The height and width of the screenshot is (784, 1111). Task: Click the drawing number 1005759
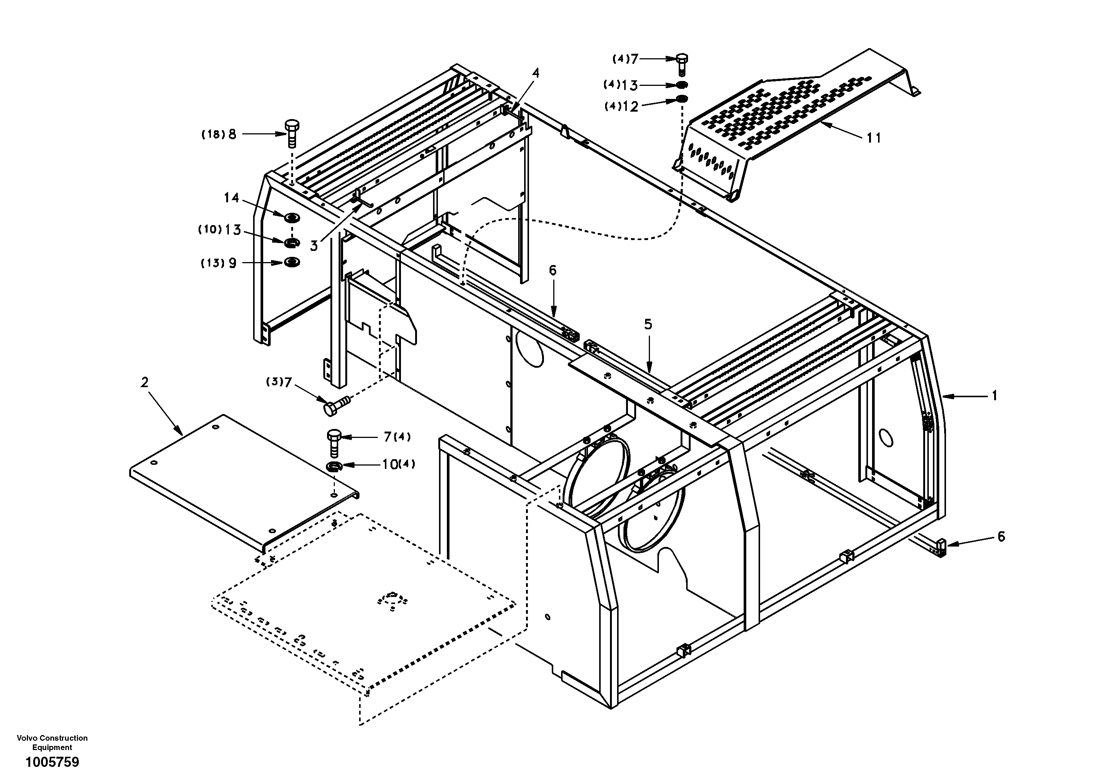click(52, 762)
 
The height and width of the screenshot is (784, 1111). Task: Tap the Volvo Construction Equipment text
click(52, 743)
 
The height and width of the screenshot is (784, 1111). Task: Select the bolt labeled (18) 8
click(292, 134)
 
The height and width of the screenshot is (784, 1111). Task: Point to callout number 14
click(231, 197)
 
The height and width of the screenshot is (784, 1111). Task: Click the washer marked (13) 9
click(292, 262)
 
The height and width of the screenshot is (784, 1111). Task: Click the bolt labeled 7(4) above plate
click(334, 442)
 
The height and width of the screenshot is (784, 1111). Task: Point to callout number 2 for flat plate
click(144, 382)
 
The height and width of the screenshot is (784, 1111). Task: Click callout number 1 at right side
click(995, 396)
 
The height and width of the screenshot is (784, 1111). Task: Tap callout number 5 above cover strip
click(648, 324)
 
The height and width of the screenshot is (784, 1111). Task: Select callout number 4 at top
click(535, 73)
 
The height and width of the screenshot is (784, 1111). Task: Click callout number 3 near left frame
click(314, 246)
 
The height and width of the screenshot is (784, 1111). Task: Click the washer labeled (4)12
click(682, 100)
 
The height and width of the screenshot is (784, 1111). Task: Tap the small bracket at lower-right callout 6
click(941, 547)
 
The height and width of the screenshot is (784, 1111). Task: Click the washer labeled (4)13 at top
click(682, 85)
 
